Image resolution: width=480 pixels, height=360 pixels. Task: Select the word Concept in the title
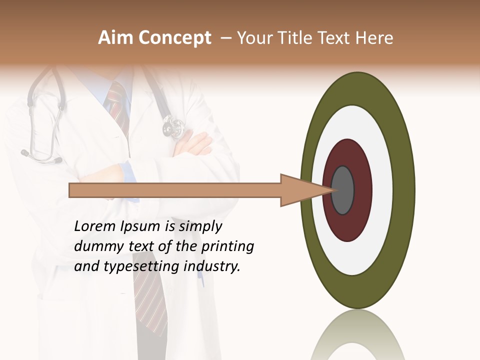(174, 38)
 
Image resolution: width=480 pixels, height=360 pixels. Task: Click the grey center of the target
(343, 190)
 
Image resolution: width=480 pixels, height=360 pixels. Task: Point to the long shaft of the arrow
(175, 190)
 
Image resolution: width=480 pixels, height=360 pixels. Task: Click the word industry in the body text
(212, 266)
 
